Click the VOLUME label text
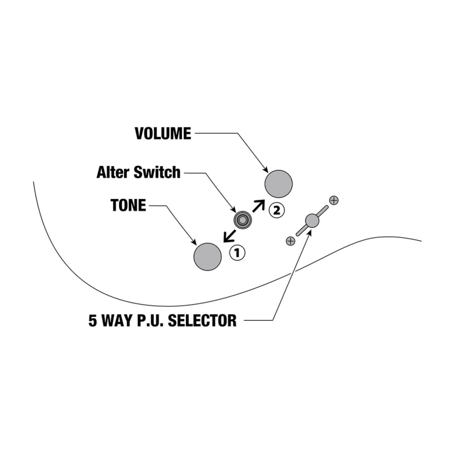(163, 133)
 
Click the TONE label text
(128, 205)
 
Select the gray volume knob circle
(279, 184)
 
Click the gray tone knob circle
(208, 256)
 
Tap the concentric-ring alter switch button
(243, 220)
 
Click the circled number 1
(237, 253)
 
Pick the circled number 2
(276, 210)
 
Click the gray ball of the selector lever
(312, 220)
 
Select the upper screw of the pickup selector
(334, 200)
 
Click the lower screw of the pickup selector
(291, 241)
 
